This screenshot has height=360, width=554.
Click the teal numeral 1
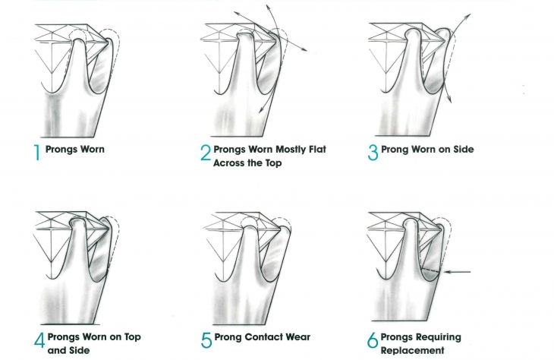coord(38,153)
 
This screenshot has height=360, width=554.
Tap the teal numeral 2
coord(205,154)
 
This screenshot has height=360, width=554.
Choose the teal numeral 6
coord(373,340)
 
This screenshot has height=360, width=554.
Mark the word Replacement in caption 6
coord(414,351)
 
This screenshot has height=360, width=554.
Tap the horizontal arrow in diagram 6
coord(459,271)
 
